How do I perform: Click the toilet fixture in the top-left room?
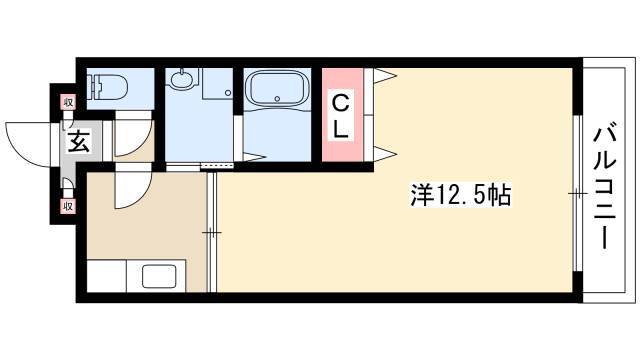click(x=109, y=87)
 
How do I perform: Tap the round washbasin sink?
click(x=181, y=78)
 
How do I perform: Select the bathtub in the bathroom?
click(x=277, y=89)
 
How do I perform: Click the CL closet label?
click(x=340, y=116)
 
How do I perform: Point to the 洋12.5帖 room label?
click(x=460, y=195)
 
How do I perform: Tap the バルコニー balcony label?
click(x=604, y=185)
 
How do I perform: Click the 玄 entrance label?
click(x=79, y=141)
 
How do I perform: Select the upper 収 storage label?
click(x=68, y=102)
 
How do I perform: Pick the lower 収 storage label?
click(x=68, y=206)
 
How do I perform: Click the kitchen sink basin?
click(x=159, y=276)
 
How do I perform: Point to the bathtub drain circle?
click(x=278, y=98)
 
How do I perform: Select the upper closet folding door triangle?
click(x=385, y=76)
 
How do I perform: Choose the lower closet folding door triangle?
click(x=385, y=154)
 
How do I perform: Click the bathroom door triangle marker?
click(x=254, y=156)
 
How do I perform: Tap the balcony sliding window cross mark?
click(x=578, y=193)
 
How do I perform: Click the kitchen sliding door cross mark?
click(x=212, y=233)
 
